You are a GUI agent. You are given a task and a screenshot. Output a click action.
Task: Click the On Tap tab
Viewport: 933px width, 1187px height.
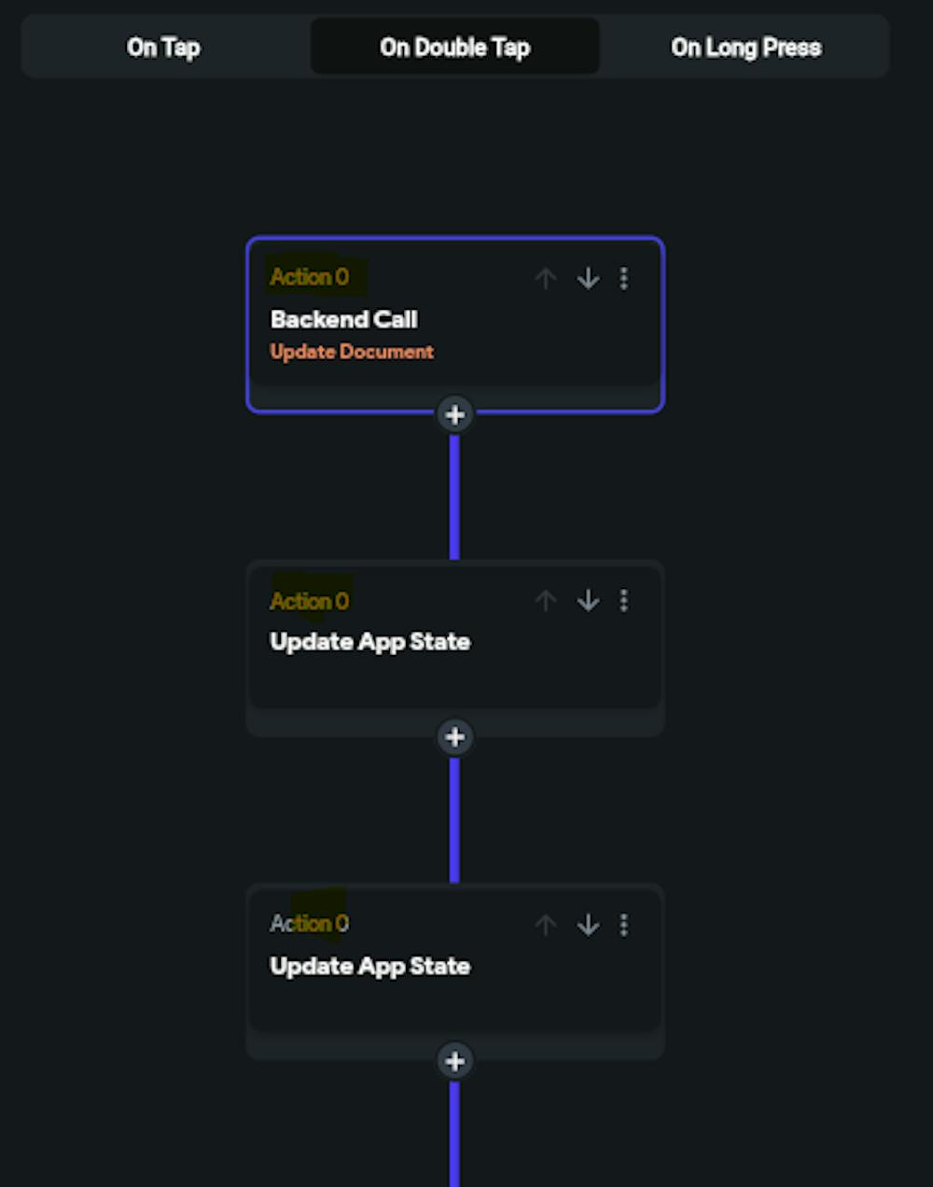pos(163,47)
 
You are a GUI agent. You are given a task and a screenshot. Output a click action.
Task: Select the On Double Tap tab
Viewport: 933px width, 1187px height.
pos(454,47)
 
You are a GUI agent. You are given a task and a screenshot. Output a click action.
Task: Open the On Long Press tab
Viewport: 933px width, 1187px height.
pos(745,47)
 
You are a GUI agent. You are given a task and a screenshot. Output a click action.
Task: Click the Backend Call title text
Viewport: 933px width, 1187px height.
pos(343,319)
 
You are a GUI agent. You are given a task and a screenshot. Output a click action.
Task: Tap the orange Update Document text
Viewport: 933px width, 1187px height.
pos(352,352)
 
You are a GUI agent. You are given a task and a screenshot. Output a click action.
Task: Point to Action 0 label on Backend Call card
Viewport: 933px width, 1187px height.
pos(309,277)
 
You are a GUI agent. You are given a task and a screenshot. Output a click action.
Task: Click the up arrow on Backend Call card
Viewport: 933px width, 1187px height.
pos(546,278)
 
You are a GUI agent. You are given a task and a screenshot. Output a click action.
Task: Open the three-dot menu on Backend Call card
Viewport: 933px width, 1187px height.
pos(624,278)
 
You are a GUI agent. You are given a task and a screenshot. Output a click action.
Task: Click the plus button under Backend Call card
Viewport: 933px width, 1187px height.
pos(454,414)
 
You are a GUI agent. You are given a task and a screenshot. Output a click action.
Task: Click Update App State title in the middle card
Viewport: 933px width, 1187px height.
pos(369,642)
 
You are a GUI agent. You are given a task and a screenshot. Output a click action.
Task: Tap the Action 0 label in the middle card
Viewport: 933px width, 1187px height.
pos(309,601)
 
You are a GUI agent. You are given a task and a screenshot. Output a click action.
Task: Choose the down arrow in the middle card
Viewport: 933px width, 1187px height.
pos(588,601)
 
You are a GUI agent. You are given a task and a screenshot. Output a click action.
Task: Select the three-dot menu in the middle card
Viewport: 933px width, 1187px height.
pos(624,601)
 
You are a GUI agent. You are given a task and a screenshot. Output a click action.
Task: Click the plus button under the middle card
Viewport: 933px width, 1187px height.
pos(454,737)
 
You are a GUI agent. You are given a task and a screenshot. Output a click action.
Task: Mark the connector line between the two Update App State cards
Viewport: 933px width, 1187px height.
pos(454,819)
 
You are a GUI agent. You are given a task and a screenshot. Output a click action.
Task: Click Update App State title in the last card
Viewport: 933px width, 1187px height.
pos(369,966)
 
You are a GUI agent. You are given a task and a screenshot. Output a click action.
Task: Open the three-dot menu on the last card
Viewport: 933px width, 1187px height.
pos(624,925)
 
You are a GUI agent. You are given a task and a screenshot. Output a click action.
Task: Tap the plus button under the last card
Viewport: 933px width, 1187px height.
pos(454,1061)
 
